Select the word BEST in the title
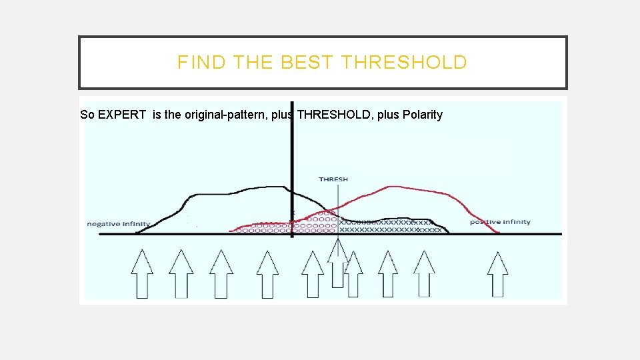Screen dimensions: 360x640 point(308,63)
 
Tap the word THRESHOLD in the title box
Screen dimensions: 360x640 point(404,63)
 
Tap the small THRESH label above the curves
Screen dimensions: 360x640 point(333,179)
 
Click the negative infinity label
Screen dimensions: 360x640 point(119,224)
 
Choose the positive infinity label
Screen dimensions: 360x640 point(500,222)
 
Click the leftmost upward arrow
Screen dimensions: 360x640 point(142,273)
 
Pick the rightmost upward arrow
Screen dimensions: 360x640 point(497,273)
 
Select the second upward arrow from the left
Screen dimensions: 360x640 point(181,273)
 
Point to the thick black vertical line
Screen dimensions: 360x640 point(292,160)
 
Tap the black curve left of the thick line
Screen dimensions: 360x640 point(227,194)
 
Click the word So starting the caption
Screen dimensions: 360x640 point(87,115)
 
